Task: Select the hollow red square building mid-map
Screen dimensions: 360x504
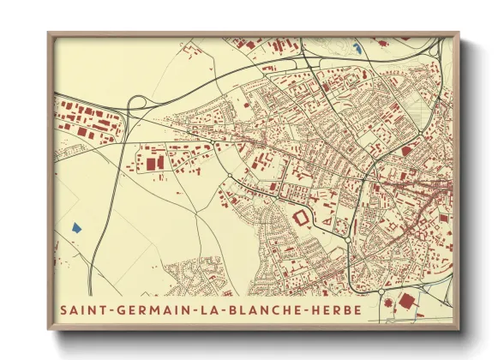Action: pos(301,219)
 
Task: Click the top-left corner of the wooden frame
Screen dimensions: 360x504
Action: pos(49,33)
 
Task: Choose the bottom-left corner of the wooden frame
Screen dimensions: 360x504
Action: pos(49,330)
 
